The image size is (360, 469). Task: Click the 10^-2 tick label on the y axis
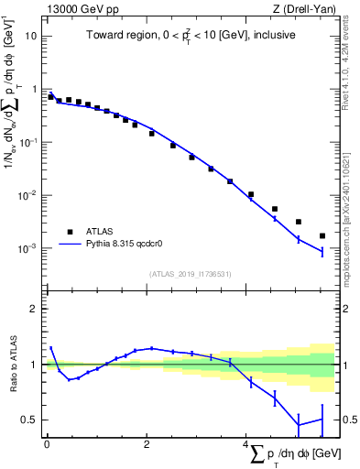tap(27, 196)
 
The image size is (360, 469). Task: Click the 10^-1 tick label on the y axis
tap(27, 143)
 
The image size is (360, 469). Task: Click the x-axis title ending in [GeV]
tap(291, 453)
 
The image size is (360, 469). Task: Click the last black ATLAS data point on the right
tap(322, 235)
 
